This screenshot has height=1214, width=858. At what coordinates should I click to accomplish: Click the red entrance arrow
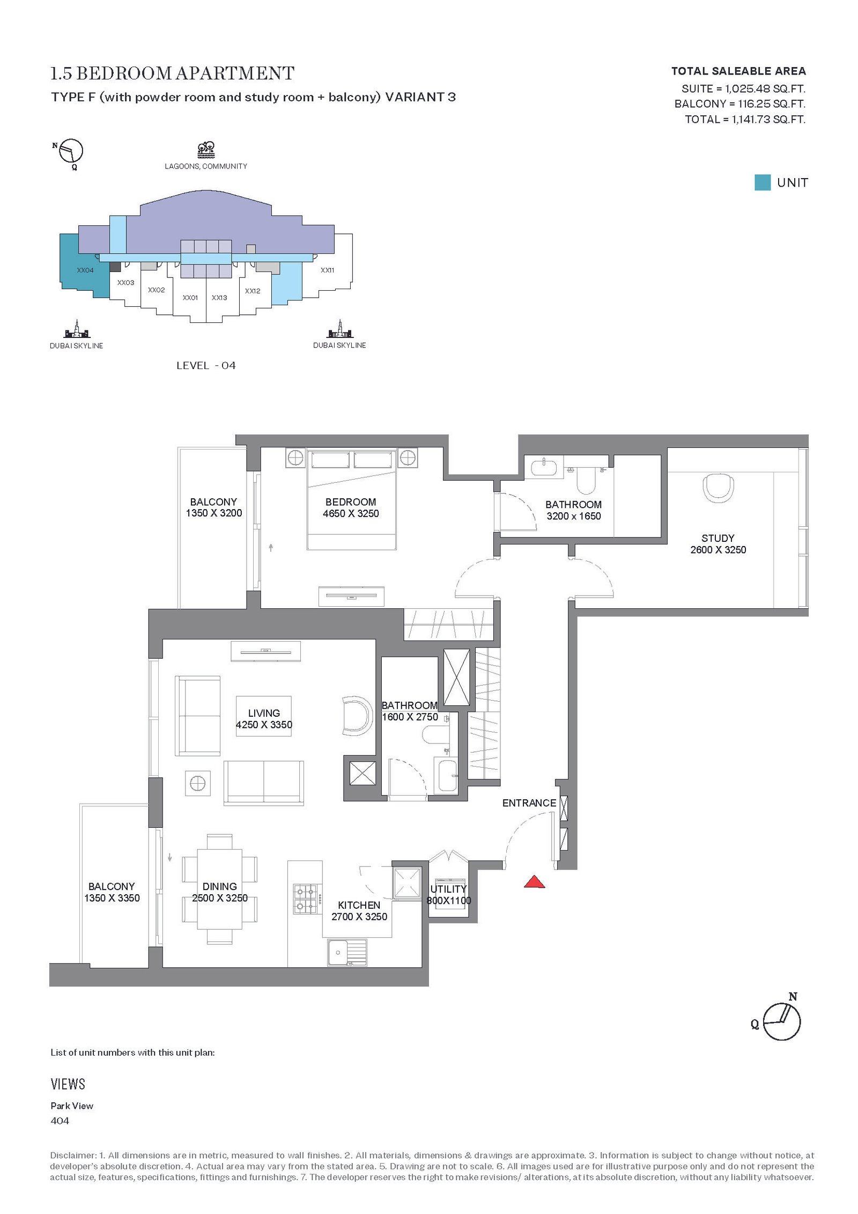534,882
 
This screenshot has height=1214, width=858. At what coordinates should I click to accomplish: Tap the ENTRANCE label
529,803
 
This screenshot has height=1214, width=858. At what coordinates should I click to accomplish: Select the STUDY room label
718,538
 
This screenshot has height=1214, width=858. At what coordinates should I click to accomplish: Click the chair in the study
718,487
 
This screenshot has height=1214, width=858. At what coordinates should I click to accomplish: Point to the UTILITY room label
448,889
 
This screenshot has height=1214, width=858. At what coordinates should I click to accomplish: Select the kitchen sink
347,953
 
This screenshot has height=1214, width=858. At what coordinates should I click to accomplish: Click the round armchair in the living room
357,716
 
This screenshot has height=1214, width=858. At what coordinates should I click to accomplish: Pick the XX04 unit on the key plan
84,266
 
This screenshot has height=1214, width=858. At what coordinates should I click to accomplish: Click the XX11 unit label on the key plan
327,270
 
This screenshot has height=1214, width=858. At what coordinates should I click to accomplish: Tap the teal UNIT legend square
762,182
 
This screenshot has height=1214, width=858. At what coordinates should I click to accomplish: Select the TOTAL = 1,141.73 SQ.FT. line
745,119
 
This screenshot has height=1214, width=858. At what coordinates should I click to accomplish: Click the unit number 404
60,1121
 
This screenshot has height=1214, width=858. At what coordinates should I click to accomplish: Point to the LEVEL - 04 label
206,365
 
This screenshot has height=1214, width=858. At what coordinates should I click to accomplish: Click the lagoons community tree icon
206,150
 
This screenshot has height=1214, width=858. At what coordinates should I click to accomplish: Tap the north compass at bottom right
781,1021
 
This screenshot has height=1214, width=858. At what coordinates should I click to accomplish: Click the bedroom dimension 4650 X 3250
351,513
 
